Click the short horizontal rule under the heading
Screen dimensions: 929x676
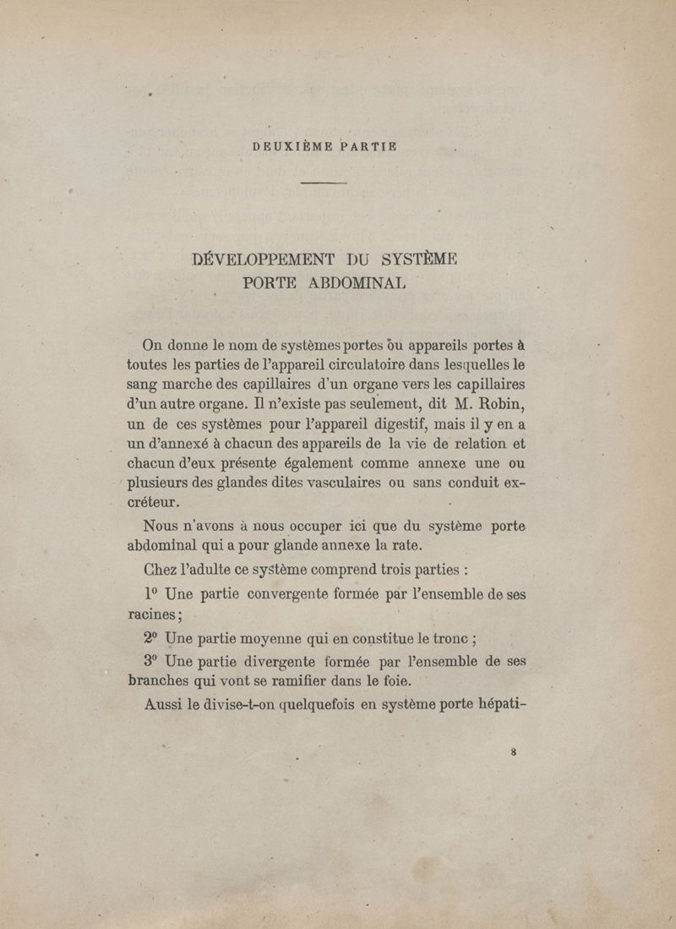(x=324, y=183)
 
